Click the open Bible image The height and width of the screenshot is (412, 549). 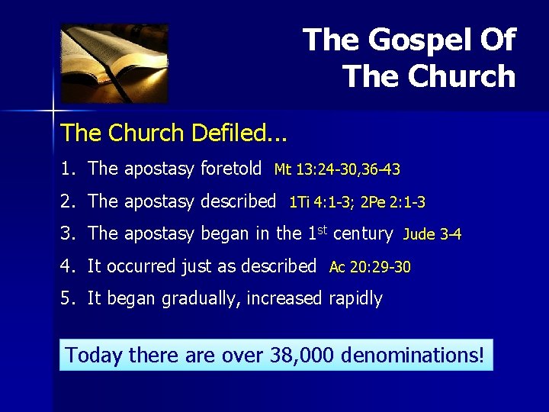click(x=114, y=63)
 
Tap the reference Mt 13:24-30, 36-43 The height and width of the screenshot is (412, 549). click(x=337, y=169)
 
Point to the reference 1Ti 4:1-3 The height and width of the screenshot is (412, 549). click(x=320, y=202)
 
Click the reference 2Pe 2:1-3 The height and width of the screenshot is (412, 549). click(x=393, y=202)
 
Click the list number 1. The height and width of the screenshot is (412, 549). click(x=68, y=168)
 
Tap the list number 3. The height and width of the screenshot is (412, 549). click(x=68, y=233)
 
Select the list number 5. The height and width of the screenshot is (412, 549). click(x=68, y=298)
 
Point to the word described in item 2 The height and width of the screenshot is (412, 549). click(x=240, y=201)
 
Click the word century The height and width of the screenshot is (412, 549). click(x=362, y=233)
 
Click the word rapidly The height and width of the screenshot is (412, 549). click(x=355, y=299)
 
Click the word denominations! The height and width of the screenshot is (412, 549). click(x=413, y=355)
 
